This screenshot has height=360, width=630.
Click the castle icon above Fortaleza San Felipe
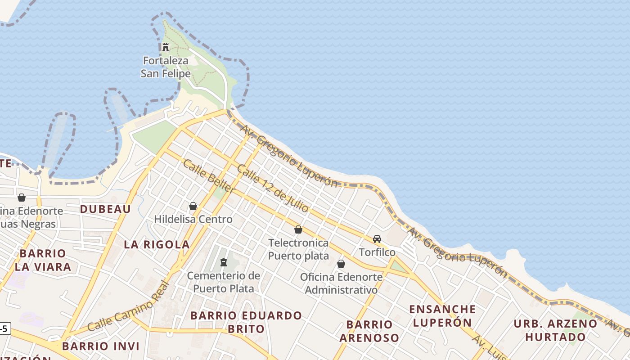point(166,47)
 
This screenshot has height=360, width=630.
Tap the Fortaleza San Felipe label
point(166,67)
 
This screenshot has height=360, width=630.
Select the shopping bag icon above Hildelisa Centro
point(193,206)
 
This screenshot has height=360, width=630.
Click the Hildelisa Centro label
point(193,219)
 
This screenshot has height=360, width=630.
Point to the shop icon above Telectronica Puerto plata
point(298,229)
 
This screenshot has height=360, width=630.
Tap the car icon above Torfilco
point(377,239)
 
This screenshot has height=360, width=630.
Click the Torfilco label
point(377,252)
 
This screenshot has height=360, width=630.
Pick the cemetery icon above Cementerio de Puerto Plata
point(224,262)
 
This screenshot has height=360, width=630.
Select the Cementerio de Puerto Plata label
point(224,282)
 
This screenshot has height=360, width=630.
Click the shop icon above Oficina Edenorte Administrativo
point(341,264)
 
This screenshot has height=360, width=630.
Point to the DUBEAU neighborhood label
point(105,209)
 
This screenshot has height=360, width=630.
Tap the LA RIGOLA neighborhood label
point(157,244)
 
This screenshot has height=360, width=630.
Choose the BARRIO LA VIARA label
point(43,260)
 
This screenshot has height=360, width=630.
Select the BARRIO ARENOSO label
point(369,331)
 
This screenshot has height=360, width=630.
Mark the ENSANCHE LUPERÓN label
point(442,315)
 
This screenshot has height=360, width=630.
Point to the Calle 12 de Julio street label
point(273,189)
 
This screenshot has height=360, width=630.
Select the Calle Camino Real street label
point(129,307)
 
